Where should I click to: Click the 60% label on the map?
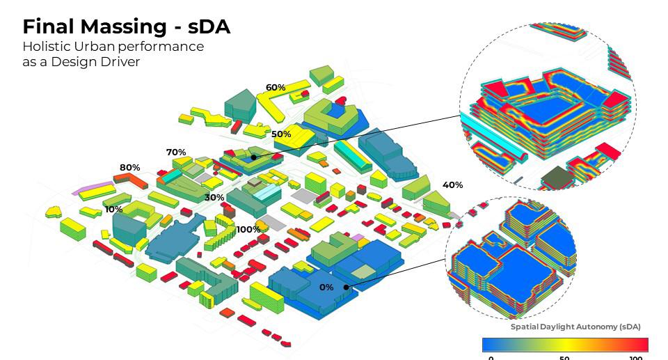pos(276,88)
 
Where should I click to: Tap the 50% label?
pos(281,134)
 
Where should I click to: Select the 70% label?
pos(176,152)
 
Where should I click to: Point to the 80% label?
pos(129,168)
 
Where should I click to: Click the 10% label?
pos(113,210)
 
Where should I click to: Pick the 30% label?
pos(214,198)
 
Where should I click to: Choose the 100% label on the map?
pos(248,230)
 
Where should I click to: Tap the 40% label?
pos(452,185)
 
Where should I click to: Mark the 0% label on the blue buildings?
pos(326,288)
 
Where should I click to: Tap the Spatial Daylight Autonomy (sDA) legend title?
pos(575,327)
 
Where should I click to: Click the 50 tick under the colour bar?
pos(564,358)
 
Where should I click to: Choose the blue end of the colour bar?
pos(488,345)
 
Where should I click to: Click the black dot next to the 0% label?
pos(346,287)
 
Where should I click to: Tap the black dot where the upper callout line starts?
pos(254,157)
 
